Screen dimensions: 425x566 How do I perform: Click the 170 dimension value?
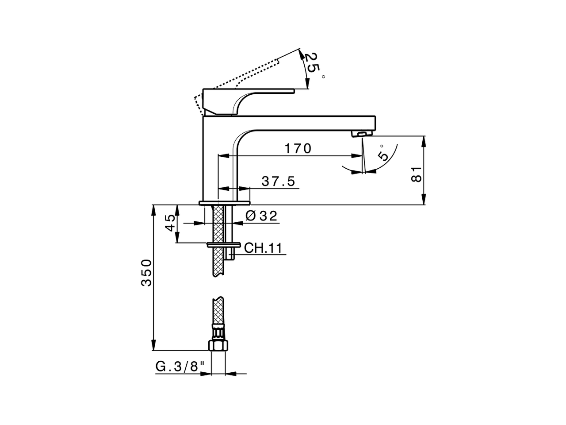298,149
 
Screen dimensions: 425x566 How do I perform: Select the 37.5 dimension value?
278,182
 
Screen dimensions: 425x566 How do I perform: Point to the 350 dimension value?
146,273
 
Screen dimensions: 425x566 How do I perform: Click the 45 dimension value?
170,224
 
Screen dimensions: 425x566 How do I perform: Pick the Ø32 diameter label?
261,216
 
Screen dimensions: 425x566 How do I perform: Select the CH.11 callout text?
263,248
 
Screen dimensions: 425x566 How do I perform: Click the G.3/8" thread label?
180,367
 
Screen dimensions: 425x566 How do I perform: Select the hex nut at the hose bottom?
218,345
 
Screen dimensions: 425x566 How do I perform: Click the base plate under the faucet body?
225,203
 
